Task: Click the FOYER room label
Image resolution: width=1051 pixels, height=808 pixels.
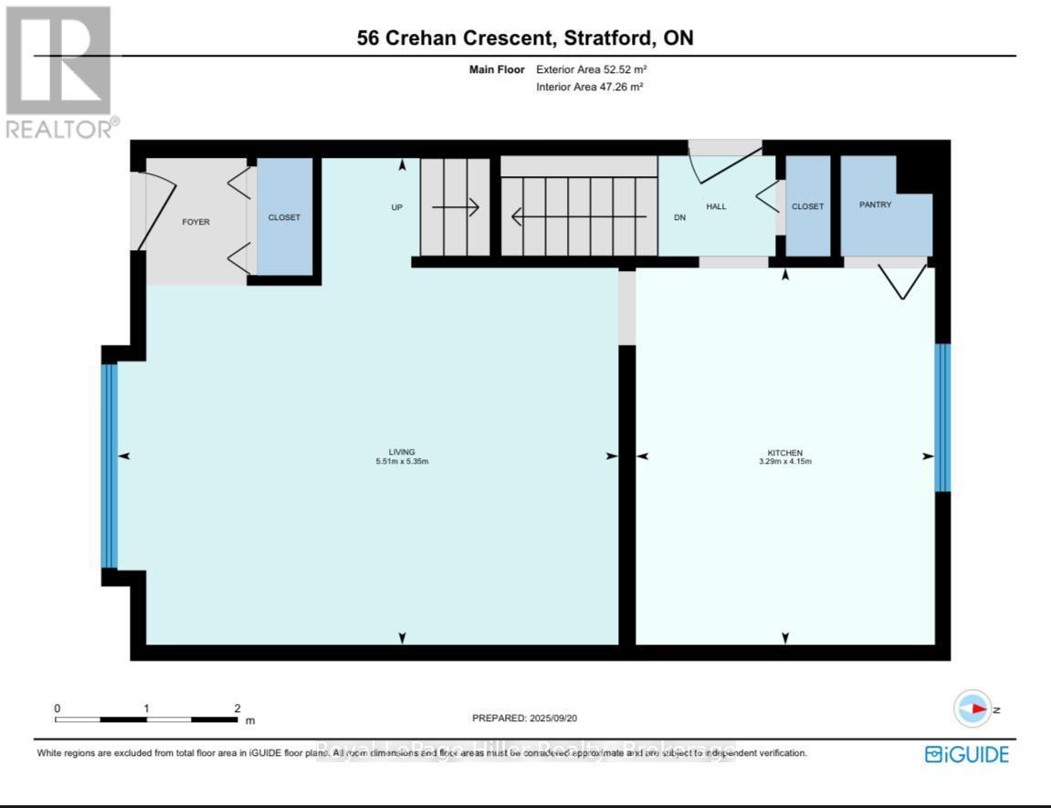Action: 196,222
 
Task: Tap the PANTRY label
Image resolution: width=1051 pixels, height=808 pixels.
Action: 875,205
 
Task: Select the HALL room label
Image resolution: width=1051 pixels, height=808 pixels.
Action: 716,206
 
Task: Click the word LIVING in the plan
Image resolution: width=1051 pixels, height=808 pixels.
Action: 402,451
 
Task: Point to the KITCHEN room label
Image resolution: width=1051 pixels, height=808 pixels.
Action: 785,452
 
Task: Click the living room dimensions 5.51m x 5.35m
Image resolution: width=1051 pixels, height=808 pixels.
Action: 402,461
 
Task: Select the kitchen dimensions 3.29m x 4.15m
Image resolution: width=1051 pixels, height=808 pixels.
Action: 785,462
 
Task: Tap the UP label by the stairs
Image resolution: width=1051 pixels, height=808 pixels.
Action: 397,207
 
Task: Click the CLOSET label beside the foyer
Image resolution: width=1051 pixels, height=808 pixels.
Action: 284,217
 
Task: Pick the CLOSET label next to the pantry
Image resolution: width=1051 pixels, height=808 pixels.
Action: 807,206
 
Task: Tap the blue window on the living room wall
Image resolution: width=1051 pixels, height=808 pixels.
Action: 110,466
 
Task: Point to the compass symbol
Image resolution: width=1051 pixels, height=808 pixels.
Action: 972,708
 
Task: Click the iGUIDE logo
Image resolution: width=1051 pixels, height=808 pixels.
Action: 967,754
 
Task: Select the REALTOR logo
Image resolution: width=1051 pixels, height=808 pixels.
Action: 60,72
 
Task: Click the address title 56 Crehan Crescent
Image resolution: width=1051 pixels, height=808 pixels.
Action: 525,37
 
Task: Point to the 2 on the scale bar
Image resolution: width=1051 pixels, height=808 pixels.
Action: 236,708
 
